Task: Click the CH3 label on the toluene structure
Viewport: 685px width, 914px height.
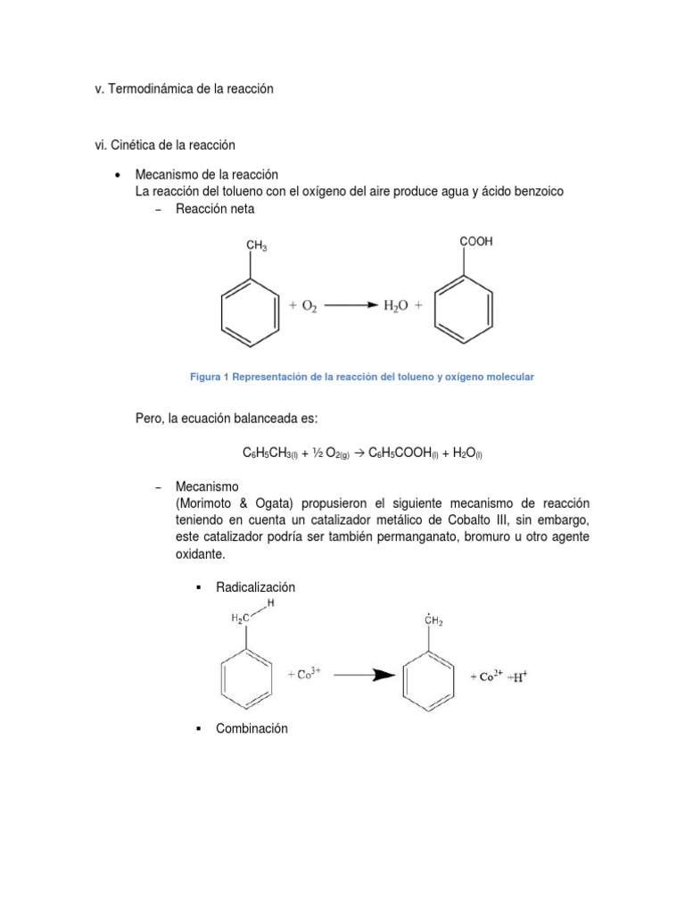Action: [256, 246]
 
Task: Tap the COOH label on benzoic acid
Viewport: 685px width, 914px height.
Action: [475, 241]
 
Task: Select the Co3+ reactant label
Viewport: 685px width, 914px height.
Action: [304, 675]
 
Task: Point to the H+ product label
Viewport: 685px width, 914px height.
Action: [517, 677]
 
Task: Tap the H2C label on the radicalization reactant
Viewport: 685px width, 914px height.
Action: [241, 618]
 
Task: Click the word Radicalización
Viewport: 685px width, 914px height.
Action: [255, 587]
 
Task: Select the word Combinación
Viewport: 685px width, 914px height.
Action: [252, 728]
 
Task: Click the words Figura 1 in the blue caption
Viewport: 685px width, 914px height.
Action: [210, 378]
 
